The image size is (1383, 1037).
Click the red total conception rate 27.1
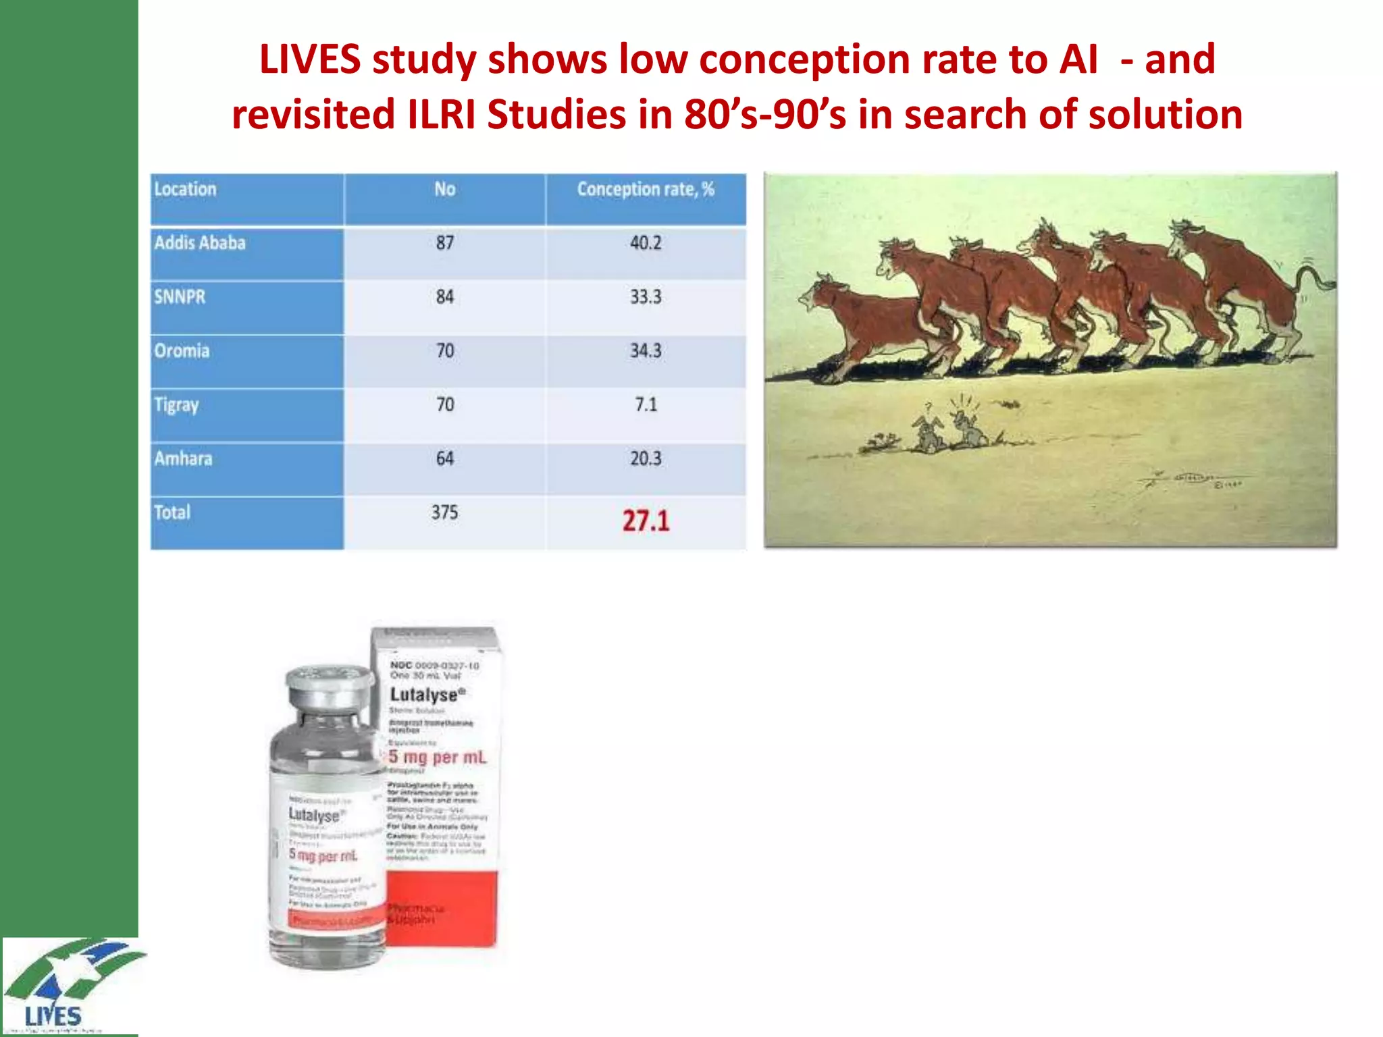click(646, 521)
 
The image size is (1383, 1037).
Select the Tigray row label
click(176, 405)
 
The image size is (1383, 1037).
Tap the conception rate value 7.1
click(646, 404)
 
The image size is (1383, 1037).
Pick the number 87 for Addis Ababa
click(444, 243)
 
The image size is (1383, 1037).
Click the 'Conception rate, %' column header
click(645, 190)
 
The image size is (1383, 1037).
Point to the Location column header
click(185, 190)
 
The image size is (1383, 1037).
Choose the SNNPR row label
click(180, 297)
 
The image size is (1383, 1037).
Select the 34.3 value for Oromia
click(646, 351)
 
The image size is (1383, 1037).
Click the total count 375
click(444, 512)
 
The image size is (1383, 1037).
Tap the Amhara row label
click(183, 459)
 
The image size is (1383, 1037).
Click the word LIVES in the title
click(310, 59)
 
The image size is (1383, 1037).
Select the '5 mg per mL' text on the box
click(437, 757)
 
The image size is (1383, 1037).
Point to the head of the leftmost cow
click(819, 294)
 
